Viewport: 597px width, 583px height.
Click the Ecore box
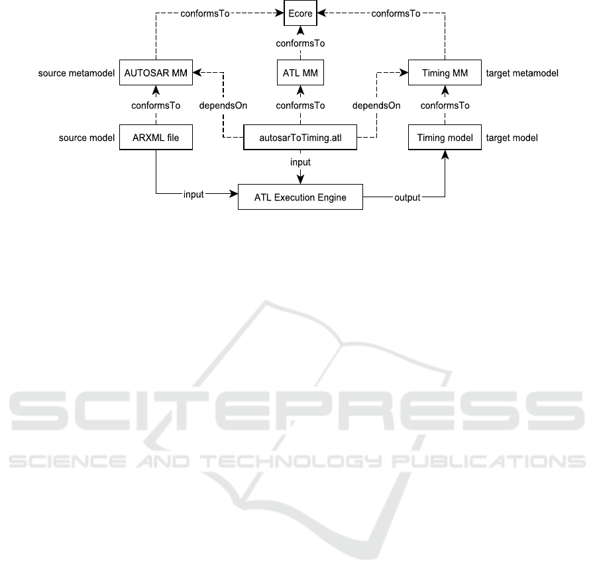(x=300, y=13)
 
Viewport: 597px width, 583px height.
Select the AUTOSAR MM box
(x=156, y=73)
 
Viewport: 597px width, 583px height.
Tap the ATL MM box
(x=300, y=73)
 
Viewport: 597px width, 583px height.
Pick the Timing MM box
(x=445, y=73)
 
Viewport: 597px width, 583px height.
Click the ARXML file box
(x=156, y=137)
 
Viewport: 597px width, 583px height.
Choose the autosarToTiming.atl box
(x=300, y=137)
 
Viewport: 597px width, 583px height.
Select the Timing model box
(x=445, y=137)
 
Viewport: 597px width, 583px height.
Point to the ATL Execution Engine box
(x=300, y=197)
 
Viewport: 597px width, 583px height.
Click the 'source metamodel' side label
(x=76, y=73)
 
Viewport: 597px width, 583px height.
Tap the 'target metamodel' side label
(x=522, y=73)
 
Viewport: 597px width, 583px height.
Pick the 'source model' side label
(x=86, y=138)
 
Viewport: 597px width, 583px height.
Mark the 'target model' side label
(x=512, y=138)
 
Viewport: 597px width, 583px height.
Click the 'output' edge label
(x=407, y=197)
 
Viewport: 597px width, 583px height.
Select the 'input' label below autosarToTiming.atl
(x=300, y=162)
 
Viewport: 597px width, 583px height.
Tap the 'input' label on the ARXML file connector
(x=193, y=195)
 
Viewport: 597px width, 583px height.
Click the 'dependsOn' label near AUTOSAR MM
(x=223, y=105)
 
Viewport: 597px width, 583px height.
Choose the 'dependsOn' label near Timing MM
(x=376, y=105)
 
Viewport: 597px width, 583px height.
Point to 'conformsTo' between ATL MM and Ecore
(x=300, y=44)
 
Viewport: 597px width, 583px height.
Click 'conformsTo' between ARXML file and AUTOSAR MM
(x=156, y=105)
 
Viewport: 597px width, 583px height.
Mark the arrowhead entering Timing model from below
(x=445, y=154)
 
